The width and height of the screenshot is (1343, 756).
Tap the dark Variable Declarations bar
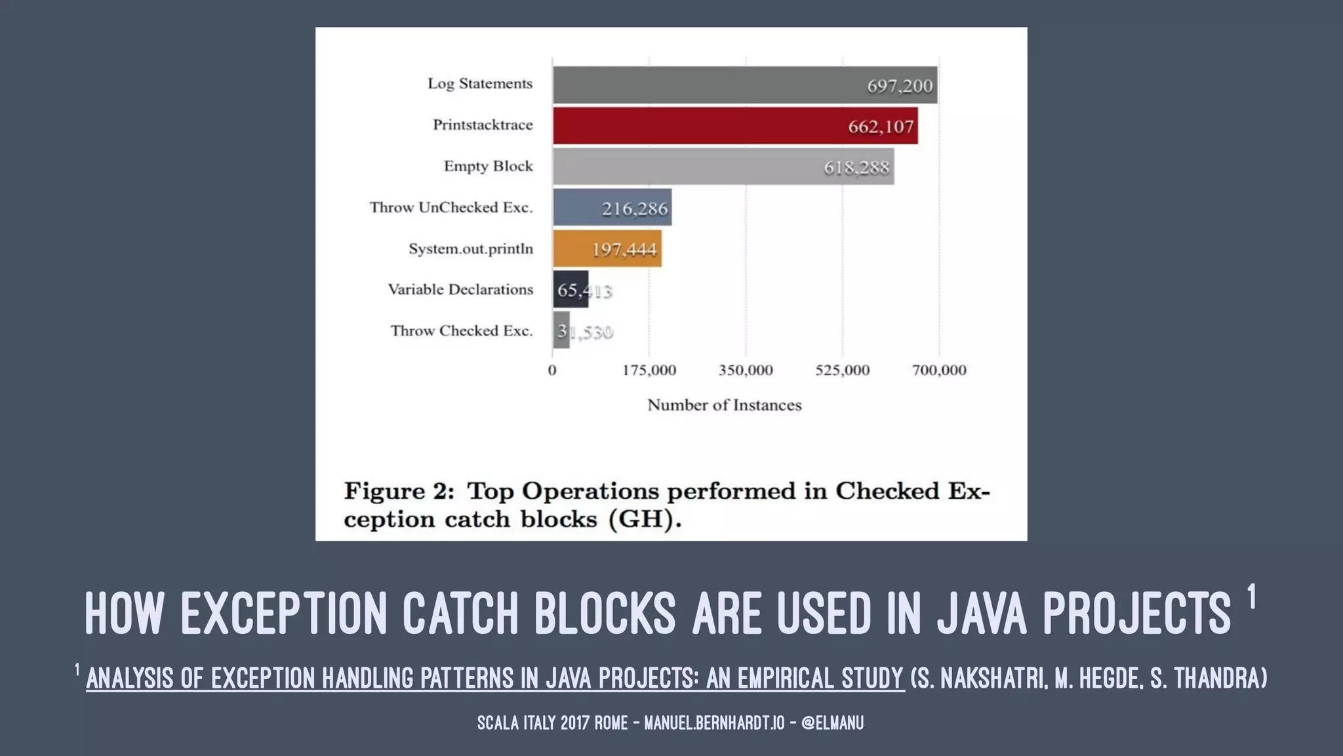(x=569, y=289)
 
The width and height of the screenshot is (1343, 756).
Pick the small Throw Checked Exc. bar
(x=561, y=330)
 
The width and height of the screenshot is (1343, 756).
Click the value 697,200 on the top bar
(x=899, y=86)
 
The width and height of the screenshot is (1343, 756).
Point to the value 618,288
(x=856, y=168)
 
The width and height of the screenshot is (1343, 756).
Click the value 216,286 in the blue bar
(x=634, y=209)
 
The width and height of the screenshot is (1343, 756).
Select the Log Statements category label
(x=479, y=84)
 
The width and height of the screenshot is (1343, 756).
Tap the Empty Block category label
(x=488, y=167)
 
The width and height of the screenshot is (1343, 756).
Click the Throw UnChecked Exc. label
(x=451, y=208)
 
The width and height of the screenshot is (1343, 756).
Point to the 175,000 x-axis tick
(x=649, y=370)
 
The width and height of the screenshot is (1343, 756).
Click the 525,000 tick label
(x=842, y=370)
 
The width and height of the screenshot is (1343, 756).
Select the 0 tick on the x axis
(x=552, y=370)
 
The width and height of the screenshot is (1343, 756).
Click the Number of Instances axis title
(x=724, y=405)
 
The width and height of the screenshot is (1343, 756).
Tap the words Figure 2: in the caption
(x=399, y=491)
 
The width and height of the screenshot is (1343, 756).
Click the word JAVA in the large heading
(x=982, y=614)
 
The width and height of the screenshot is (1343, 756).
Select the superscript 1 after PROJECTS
(x=1251, y=597)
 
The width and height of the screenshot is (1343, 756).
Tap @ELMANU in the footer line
(x=832, y=723)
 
